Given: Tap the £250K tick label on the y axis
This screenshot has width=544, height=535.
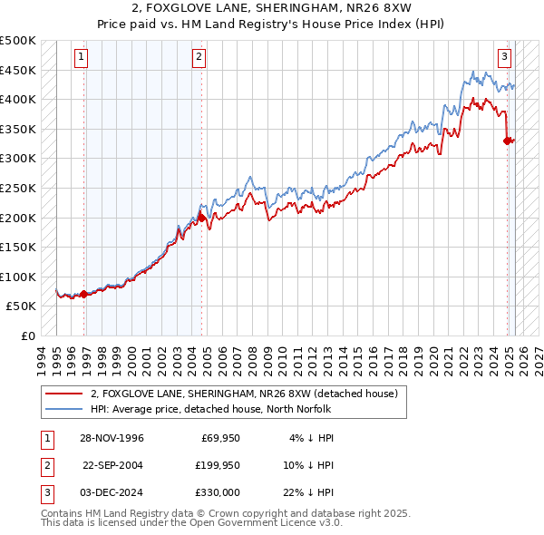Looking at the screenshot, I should tap(18, 188).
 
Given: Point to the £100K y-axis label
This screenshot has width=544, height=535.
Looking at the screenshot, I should tap(18, 277).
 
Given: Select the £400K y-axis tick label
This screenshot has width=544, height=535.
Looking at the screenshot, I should tap(18, 99).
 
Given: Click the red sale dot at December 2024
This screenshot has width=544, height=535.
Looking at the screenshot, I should tap(507, 141).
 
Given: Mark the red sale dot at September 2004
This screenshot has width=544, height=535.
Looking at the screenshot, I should tap(201, 217).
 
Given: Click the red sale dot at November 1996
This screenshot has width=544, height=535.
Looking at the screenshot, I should tap(84, 294).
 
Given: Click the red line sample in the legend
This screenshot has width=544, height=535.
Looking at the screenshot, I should tap(64, 394).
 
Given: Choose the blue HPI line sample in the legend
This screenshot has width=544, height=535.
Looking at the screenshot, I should tap(64, 409).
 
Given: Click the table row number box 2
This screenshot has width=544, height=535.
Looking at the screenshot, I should tap(45, 465).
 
